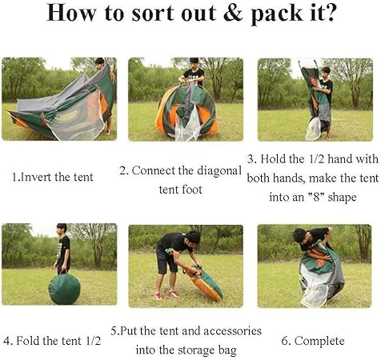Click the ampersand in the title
233,13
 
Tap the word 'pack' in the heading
277,14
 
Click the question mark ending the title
329,13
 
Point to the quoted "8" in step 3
316,198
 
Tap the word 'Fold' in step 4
28,341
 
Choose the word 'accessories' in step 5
232,331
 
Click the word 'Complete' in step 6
319,342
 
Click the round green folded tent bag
64,289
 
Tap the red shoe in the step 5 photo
173,294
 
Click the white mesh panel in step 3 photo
313,129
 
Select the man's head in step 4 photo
62,229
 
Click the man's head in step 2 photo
194,63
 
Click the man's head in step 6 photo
300,235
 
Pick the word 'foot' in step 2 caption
191,190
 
